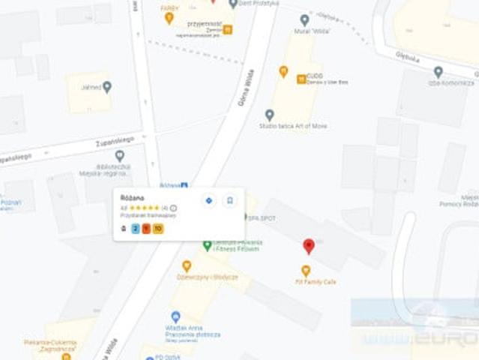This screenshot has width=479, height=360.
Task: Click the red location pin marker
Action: tap(308, 246)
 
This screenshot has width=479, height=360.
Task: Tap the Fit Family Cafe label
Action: tap(305, 282)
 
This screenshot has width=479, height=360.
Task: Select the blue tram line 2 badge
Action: tap(136, 228)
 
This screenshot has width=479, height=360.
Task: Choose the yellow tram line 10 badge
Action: tap(157, 228)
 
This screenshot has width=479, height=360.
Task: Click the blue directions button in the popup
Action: tap(208, 200)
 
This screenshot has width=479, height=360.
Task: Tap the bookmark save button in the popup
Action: tap(229, 200)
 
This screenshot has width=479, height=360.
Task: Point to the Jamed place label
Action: tap(91, 88)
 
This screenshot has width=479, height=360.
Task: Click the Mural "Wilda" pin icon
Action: tap(304, 19)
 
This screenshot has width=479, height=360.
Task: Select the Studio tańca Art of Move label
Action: tap(293, 125)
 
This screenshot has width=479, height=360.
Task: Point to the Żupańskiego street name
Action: tap(115, 140)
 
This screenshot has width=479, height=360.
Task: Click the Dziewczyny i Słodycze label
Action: tap(208, 277)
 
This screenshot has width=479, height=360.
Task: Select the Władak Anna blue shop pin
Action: tap(175, 316)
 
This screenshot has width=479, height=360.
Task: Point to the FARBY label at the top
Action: tap(169, 7)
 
